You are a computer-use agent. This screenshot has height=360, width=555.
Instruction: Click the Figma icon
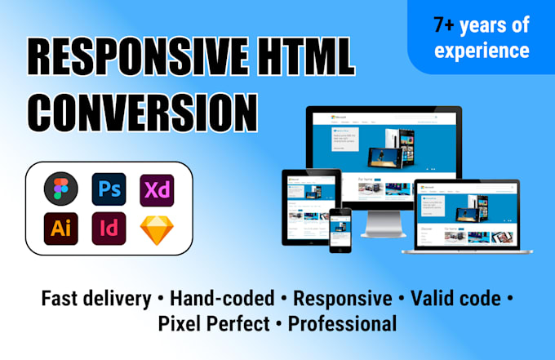click(x=60, y=189)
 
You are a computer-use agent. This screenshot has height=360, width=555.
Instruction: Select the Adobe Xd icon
click(x=155, y=189)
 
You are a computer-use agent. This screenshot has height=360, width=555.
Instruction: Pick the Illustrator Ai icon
click(x=60, y=228)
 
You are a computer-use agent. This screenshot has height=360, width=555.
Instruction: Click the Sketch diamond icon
click(x=155, y=229)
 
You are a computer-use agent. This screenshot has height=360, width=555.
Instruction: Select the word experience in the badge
click(x=482, y=51)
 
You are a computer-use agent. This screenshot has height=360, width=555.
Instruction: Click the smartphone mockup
click(x=340, y=228)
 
